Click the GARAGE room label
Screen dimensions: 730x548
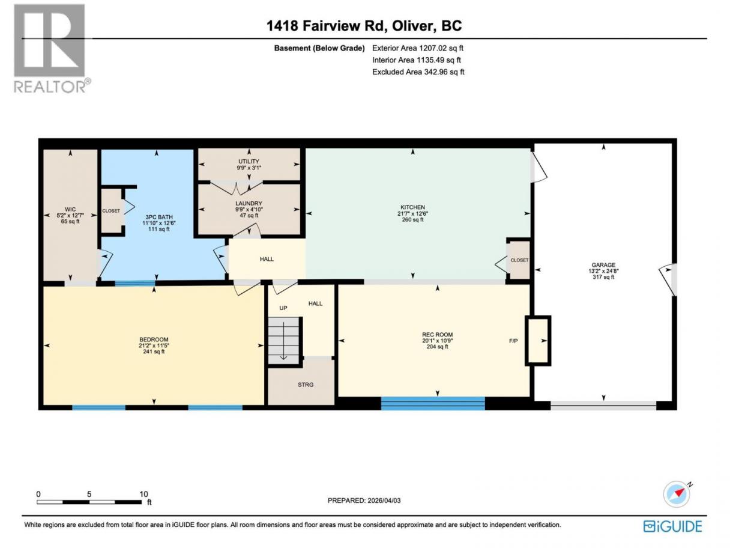tap(603, 265)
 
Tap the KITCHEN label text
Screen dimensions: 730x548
tap(412, 207)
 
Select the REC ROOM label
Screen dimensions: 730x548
tap(437, 335)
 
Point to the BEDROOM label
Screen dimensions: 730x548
tap(154, 339)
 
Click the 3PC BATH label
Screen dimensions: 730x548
tap(159, 217)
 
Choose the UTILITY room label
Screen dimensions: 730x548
tap(249, 162)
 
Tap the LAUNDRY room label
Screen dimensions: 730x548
tap(249, 203)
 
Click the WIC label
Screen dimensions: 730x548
tap(70, 209)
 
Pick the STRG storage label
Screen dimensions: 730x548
tap(306, 385)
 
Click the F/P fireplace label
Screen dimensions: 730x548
tap(513, 341)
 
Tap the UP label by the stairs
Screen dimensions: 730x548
tap(283, 308)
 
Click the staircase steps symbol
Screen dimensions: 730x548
tap(284, 340)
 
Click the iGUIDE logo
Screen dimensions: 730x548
tap(672, 527)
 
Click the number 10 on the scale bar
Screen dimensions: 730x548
tap(143, 494)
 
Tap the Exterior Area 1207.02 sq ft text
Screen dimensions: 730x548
tap(417, 48)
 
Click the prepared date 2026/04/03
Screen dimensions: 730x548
tap(383, 501)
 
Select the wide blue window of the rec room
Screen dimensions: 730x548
tap(433, 403)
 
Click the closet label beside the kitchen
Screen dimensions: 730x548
tap(519, 260)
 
